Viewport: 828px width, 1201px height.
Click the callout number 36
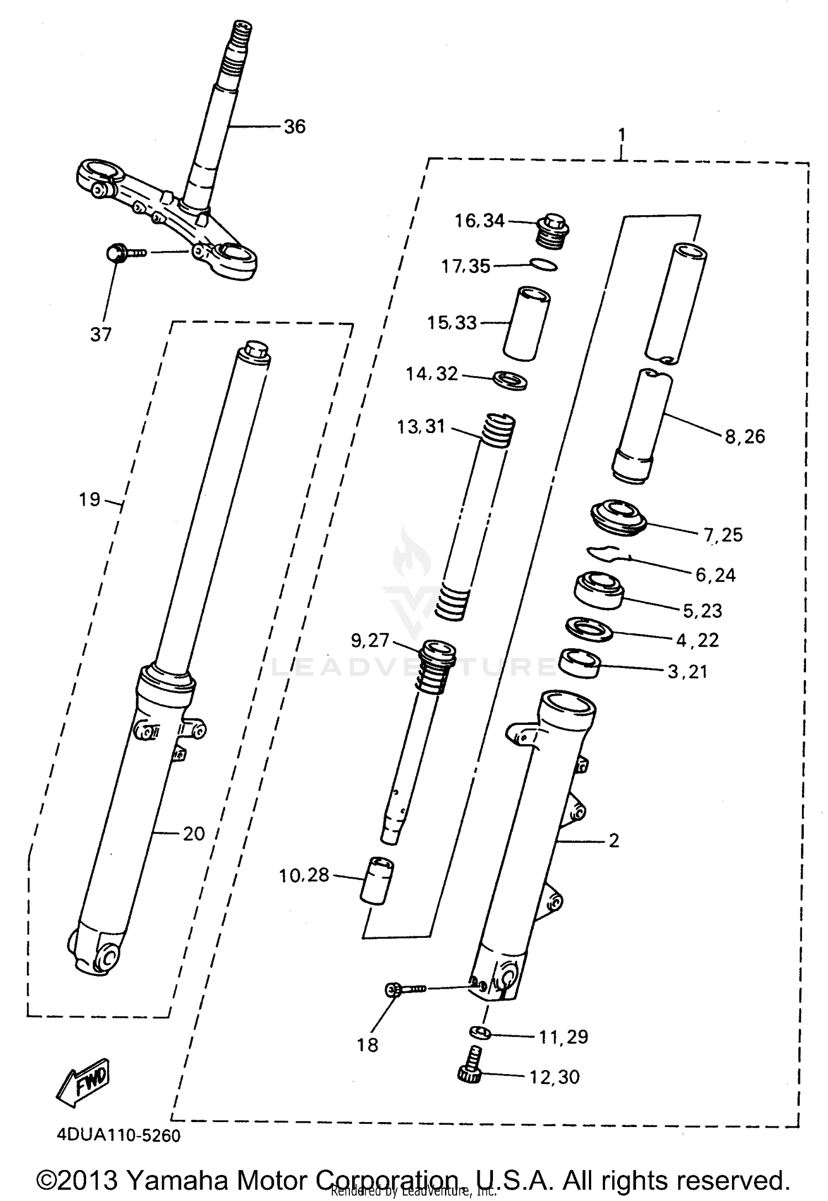pyautogui.click(x=294, y=127)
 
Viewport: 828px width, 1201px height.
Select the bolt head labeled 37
pyautogui.click(x=115, y=254)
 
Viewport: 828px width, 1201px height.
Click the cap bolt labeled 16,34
pyautogui.click(x=553, y=232)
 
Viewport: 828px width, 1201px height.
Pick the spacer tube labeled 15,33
pyautogui.click(x=527, y=323)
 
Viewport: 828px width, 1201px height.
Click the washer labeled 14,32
pyautogui.click(x=509, y=381)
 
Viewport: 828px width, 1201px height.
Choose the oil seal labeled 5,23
pyautogui.click(x=598, y=590)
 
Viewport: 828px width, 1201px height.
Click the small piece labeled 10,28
pyautogui.click(x=376, y=880)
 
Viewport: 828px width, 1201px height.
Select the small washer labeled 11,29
pyautogui.click(x=480, y=1031)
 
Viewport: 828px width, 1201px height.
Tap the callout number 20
pyautogui.click(x=194, y=834)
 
